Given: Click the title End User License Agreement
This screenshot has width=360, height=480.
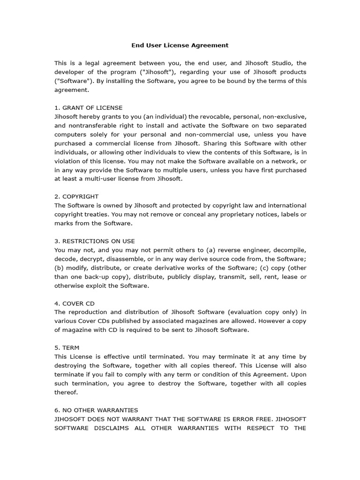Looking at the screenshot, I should [180, 45].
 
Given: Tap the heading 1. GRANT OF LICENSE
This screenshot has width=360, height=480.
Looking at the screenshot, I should [89, 107].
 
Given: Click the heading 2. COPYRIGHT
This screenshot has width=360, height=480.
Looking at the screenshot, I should [76, 196].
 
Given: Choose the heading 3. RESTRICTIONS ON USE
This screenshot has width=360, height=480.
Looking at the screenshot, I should [95, 241].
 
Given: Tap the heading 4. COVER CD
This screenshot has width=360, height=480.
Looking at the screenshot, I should [75, 303].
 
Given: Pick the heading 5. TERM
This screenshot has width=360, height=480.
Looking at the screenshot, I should [67, 348].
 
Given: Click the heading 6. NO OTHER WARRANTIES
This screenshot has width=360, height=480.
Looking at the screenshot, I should [96, 410].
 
